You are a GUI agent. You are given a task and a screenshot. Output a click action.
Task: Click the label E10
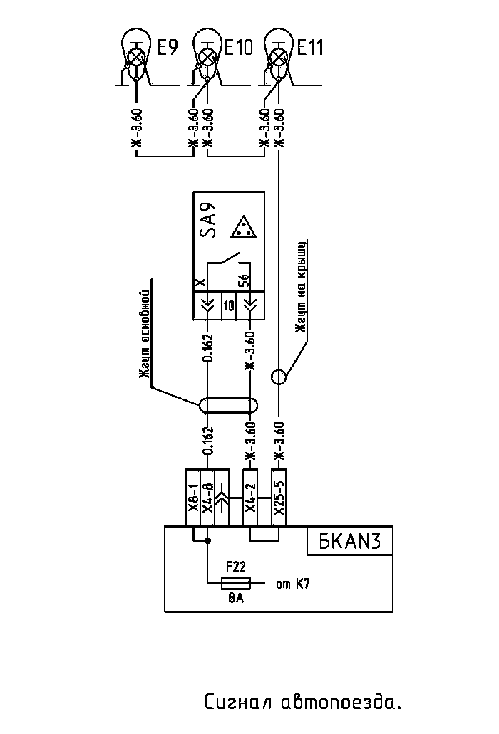238,48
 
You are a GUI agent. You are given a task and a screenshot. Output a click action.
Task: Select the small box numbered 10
228,305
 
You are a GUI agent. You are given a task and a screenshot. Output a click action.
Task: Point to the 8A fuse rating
236,599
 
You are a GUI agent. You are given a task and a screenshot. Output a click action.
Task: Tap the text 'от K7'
292,584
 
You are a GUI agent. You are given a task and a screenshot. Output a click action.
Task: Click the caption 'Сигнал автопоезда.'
302,703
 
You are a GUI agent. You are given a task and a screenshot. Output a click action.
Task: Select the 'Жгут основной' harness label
145,336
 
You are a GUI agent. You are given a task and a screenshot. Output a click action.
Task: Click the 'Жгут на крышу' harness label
302,288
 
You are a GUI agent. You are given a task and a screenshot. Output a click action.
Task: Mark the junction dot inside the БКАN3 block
207,541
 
